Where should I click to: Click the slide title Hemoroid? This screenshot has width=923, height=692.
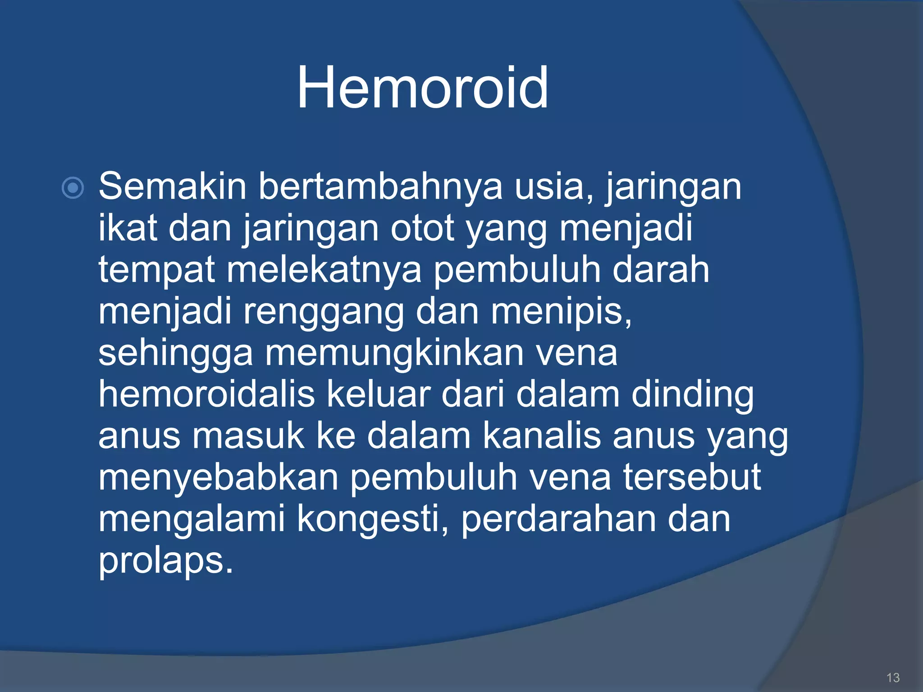click(422, 87)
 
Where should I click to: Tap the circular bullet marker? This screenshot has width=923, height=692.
click(73, 188)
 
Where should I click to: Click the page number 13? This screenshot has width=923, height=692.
click(893, 678)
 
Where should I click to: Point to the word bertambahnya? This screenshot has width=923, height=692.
click(380, 186)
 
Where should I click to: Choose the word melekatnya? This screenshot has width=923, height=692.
click(324, 269)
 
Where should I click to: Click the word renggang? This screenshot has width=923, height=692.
click(323, 312)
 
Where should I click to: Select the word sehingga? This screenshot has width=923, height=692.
click(175, 354)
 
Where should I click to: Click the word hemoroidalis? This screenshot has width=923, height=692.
click(206, 394)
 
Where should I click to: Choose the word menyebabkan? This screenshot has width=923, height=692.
click(218, 478)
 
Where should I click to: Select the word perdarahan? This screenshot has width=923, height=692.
click(558, 519)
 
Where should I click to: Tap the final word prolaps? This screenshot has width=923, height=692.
click(165, 561)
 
